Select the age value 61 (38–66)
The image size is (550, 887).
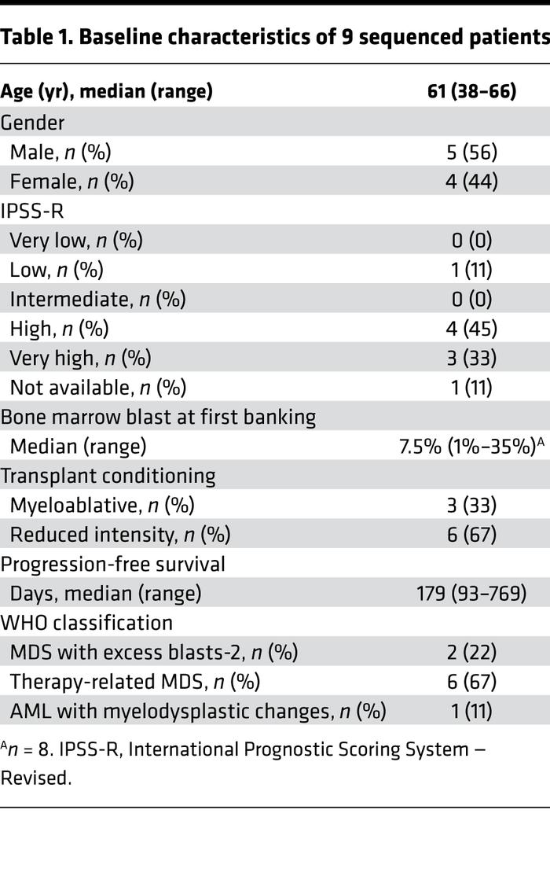pos(471,92)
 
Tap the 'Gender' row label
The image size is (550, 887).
pos(32,122)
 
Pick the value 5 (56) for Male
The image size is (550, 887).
pos(471,152)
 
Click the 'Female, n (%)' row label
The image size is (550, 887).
pos(71,181)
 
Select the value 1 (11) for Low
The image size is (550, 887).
pos(471,270)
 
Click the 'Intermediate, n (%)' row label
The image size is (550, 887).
pos(98,299)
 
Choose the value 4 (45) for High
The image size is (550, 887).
pos(471,328)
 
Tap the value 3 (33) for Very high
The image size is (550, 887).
pos(471,358)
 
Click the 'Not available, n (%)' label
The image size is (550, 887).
pos(98,387)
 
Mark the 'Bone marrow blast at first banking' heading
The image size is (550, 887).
pos(158,417)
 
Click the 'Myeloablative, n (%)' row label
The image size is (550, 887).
pos(102,505)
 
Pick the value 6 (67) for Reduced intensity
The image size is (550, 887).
pos(471,535)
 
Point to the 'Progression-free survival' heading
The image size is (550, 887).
pos(112,564)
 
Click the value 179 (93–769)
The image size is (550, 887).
pos(471,593)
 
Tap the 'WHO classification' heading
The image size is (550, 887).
pos(86,623)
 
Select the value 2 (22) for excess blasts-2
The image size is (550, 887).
pos(471,652)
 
